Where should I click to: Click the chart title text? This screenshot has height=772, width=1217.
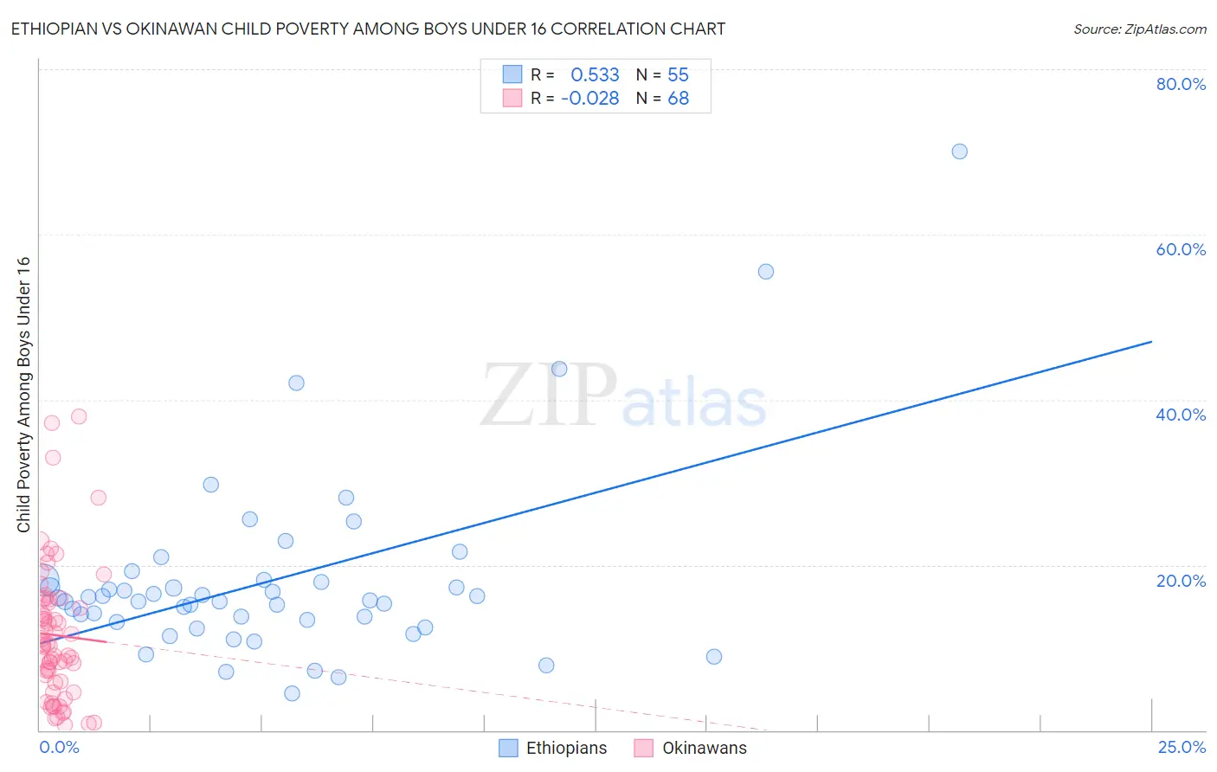click(x=368, y=29)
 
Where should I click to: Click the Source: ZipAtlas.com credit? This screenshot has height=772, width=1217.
click(x=1139, y=29)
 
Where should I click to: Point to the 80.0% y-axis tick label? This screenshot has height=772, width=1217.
click(x=1181, y=84)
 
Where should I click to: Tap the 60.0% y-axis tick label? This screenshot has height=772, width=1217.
click(x=1181, y=249)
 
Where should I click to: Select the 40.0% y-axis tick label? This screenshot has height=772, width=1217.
click(x=1181, y=415)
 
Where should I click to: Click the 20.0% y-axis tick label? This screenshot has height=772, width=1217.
click(x=1181, y=581)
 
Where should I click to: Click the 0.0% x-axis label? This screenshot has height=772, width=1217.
click(x=59, y=747)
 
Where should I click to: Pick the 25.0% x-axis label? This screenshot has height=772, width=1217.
click(x=1181, y=747)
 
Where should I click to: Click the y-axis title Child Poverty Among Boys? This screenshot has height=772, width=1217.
click(x=23, y=395)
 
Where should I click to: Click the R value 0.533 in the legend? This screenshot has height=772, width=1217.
click(x=595, y=75)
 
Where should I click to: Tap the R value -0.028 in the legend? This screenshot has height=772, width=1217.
click(x=590, y=99)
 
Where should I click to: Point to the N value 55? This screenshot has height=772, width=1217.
click(x=678, y=75)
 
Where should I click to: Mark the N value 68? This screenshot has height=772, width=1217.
click(x=678, y=99)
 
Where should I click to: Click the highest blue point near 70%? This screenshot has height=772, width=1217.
click(x=959, y=151)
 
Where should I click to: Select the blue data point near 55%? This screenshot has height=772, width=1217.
click(x=765, y=272)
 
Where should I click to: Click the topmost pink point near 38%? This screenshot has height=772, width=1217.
click(x=79, y=416)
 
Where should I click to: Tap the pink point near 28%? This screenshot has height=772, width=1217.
click(x=98, y=498)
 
